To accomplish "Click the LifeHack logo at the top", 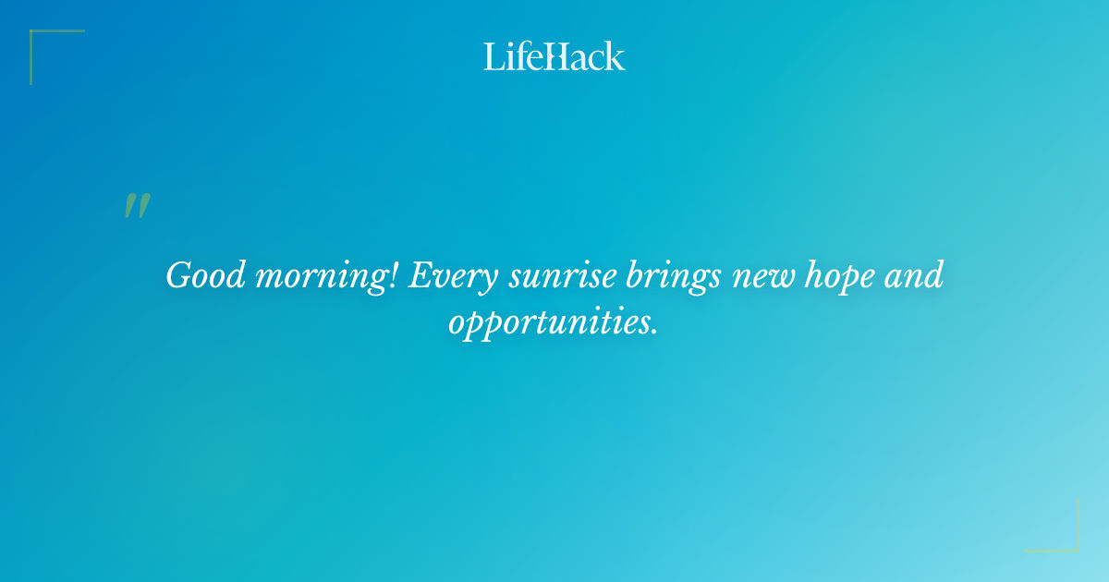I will click(x=554, y=56).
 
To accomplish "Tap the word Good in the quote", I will click(x=203, y=275).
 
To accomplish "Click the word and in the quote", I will click(x=914, y=275).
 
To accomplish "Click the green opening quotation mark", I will click(x=137, y=206).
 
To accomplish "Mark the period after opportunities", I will click(x=654, y=333).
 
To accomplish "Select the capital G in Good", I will click(x=178, y=275).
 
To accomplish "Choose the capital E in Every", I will click(x=417, y=275).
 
